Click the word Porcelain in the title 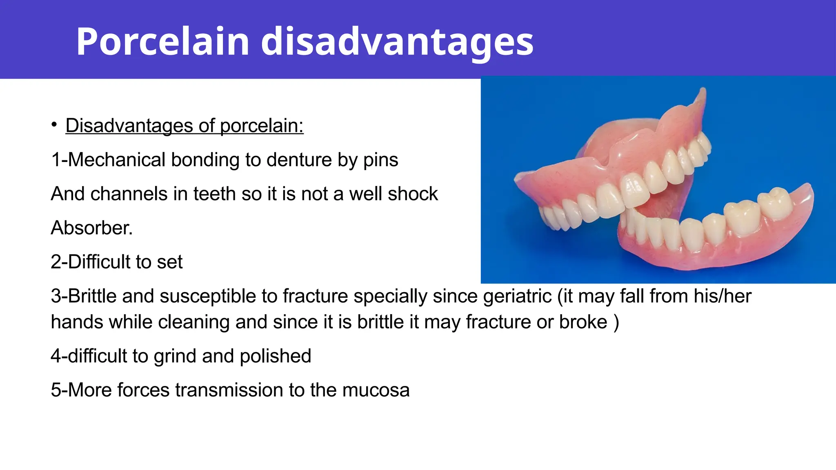162,42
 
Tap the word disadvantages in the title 397,42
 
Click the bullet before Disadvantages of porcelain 54,124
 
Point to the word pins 380,160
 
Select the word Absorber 91,228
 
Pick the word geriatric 517,296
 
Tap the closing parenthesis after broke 616,322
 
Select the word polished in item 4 275,356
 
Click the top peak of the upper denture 703,90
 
